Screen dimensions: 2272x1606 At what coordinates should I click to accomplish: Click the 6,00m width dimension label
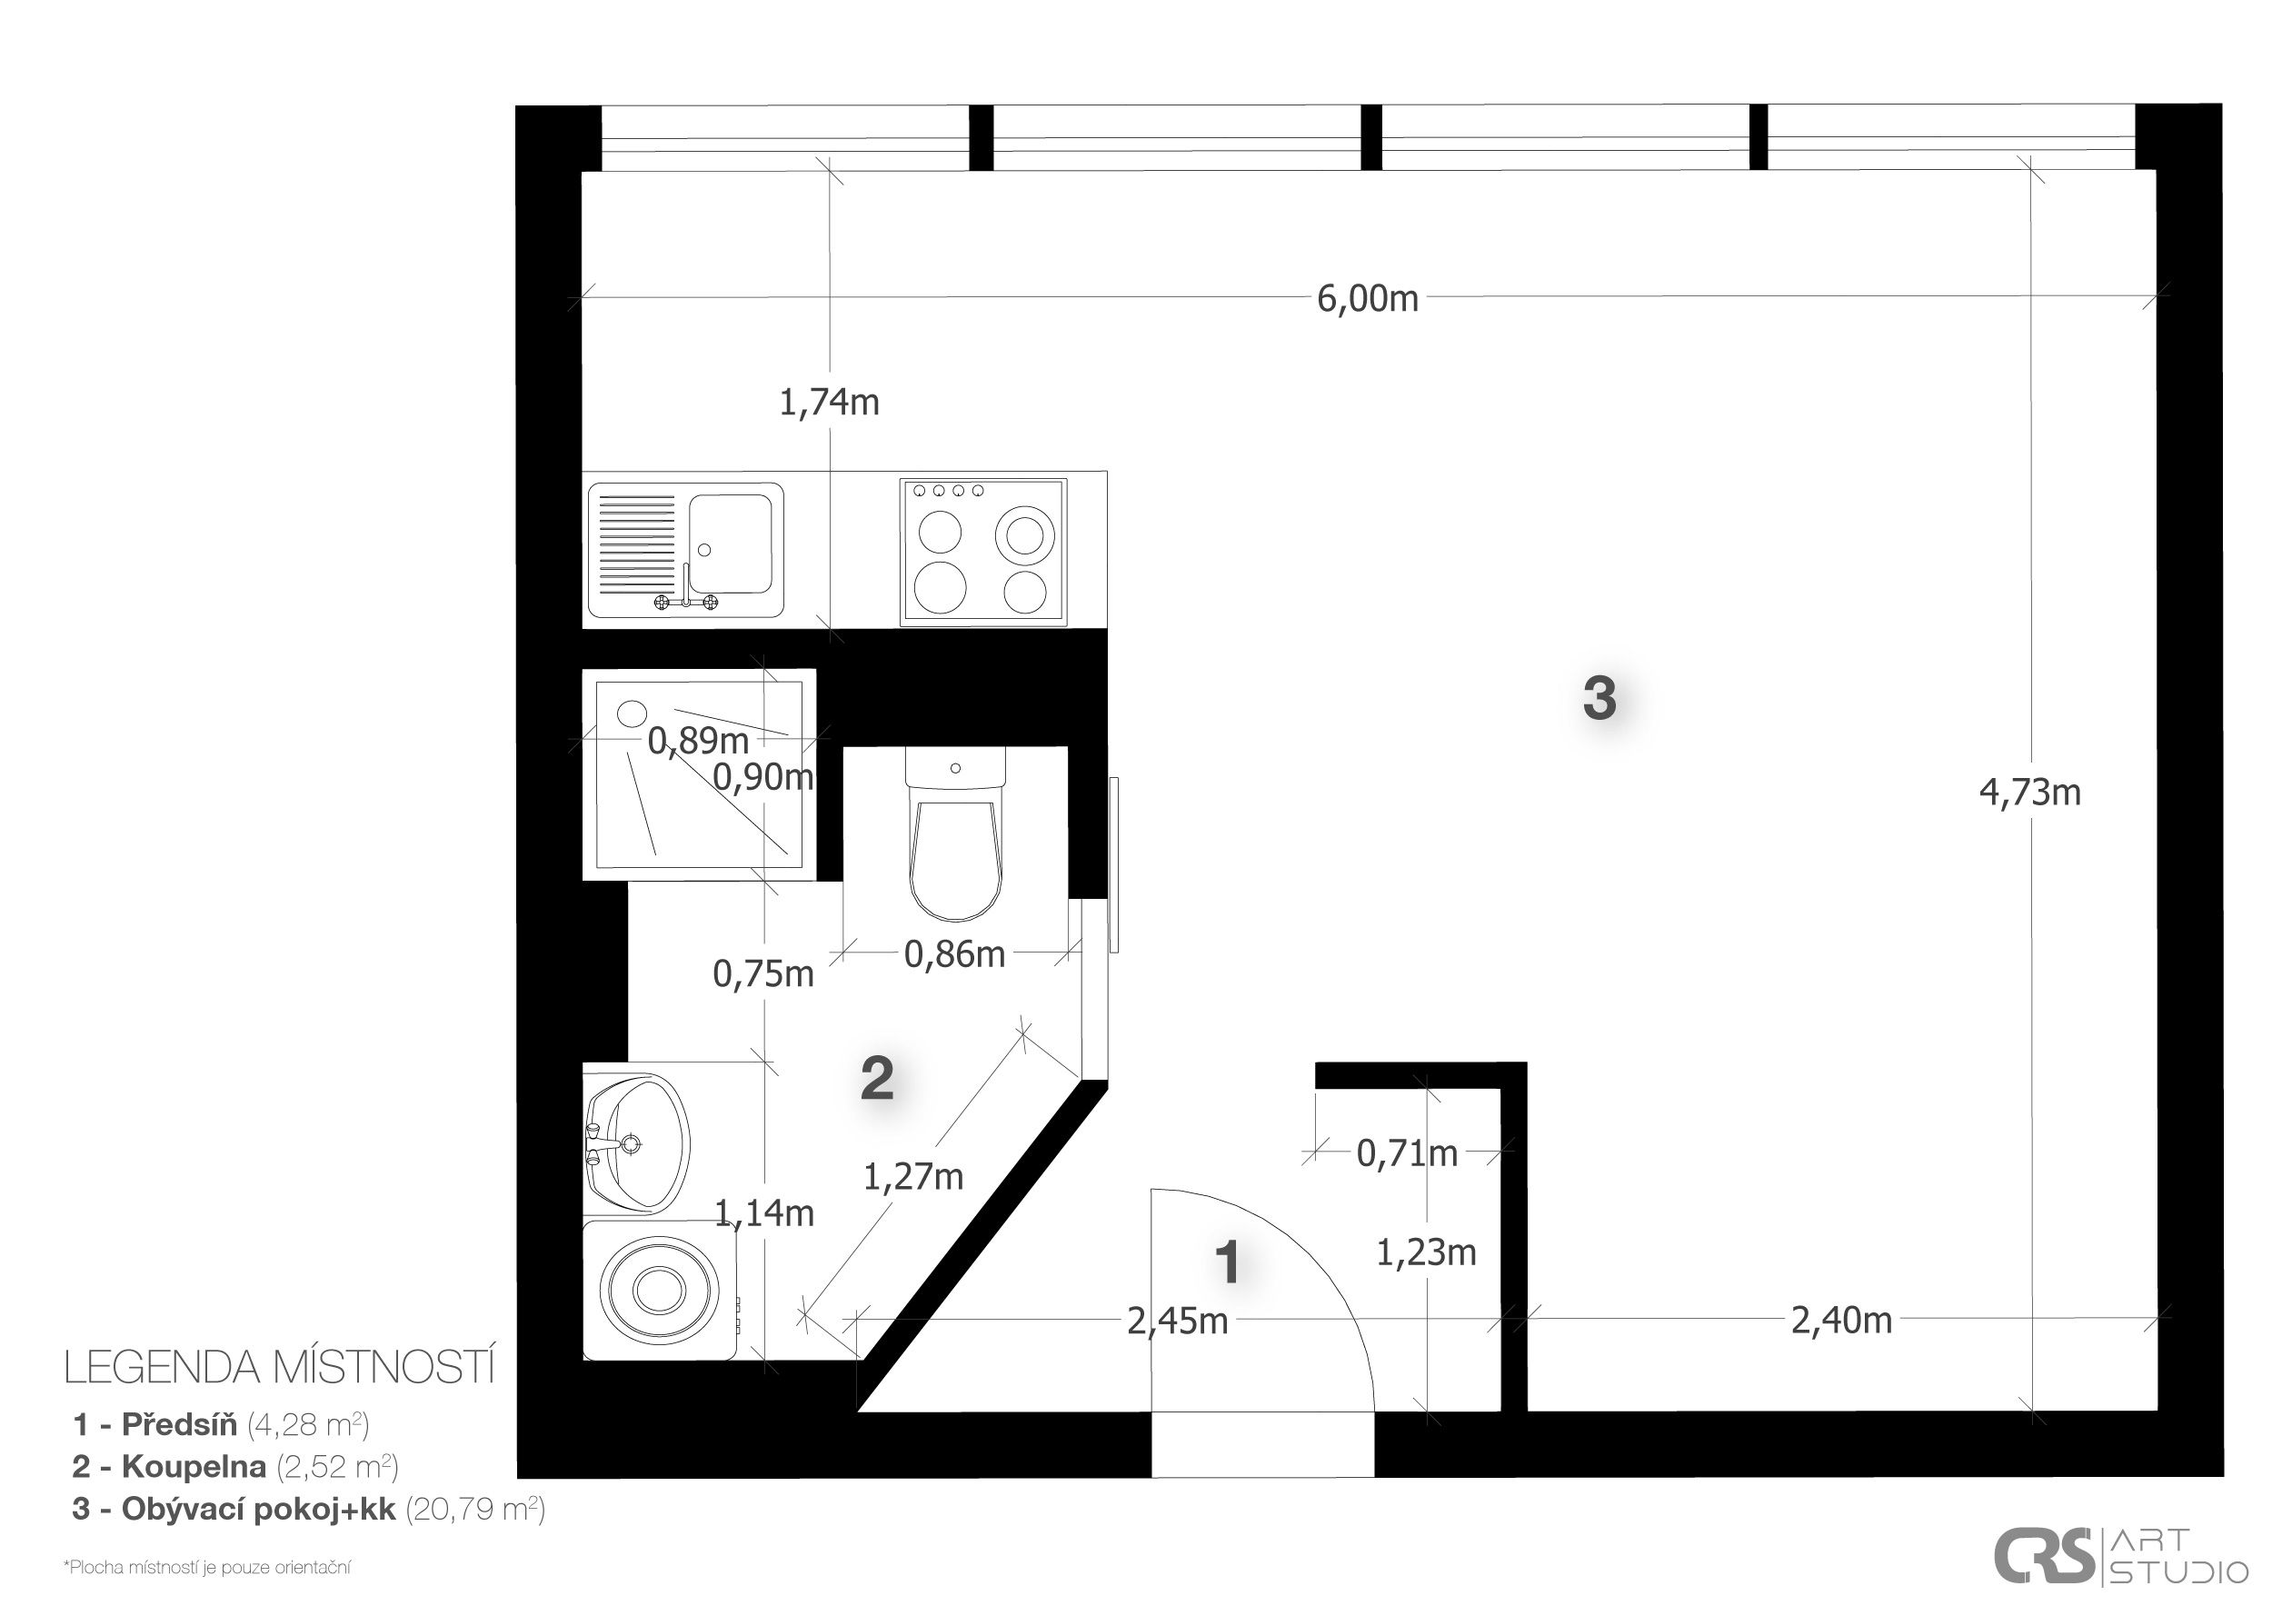1367,298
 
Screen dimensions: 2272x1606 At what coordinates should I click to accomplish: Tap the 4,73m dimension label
2029,793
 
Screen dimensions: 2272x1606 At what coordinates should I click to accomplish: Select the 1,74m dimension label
829,403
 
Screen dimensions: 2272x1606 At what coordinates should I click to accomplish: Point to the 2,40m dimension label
1841,1320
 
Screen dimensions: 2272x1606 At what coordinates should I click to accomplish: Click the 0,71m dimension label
1407,1152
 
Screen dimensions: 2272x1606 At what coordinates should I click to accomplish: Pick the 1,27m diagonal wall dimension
913,1176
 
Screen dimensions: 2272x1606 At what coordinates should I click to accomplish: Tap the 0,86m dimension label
955,954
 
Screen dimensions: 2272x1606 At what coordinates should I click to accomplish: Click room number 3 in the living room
1600,698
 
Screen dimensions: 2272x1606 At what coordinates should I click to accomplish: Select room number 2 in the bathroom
878,1079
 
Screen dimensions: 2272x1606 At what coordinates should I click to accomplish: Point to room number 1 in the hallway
1228,1262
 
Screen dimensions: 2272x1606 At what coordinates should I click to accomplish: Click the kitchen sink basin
731,544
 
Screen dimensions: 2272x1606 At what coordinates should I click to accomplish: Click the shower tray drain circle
632,713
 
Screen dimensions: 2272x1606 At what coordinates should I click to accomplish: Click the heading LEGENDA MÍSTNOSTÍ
279,1368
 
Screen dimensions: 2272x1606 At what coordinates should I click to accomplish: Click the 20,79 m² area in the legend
475,1509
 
